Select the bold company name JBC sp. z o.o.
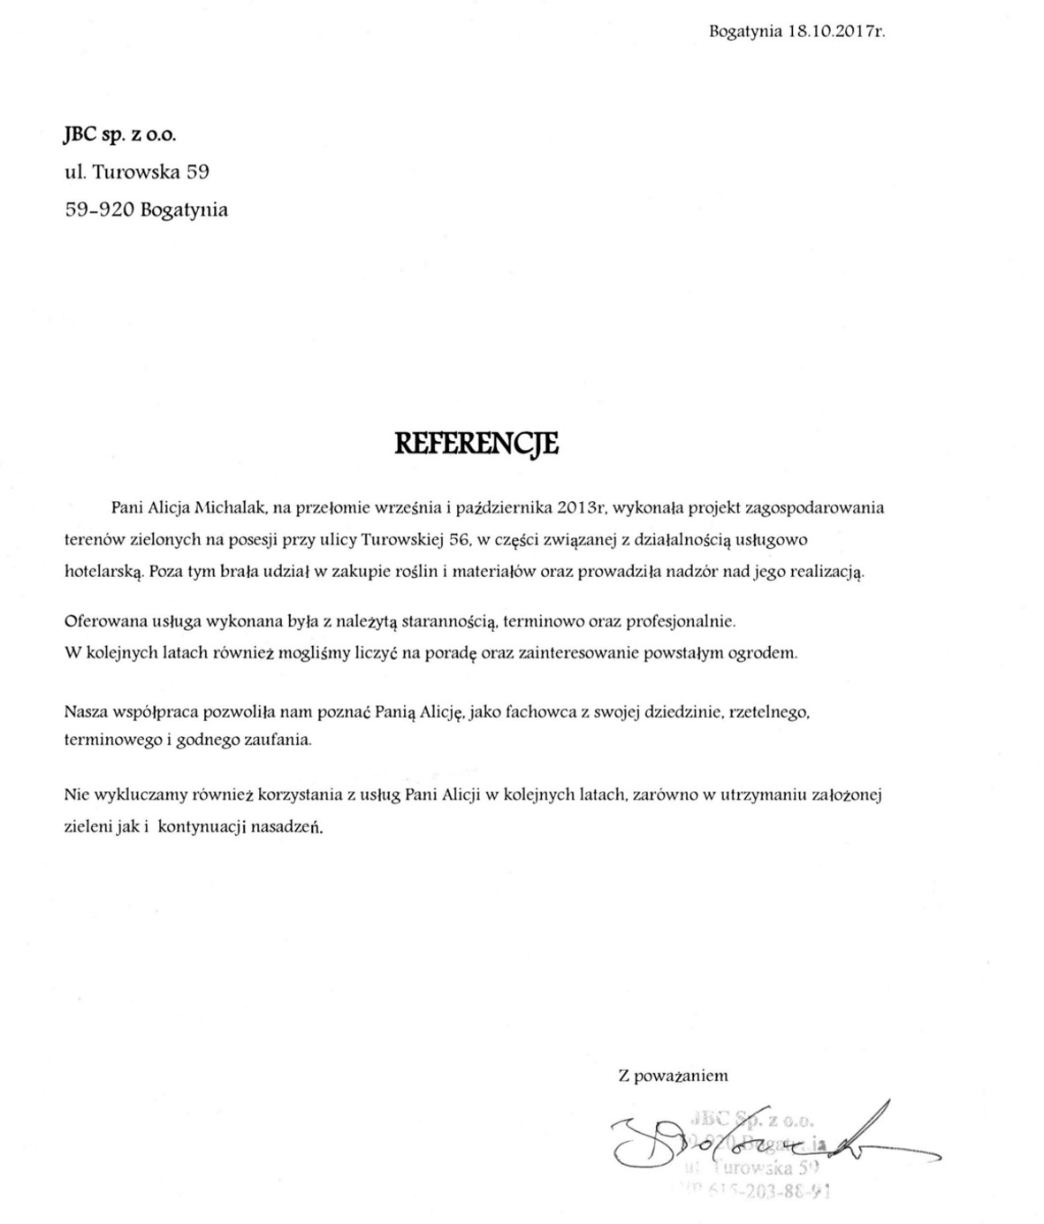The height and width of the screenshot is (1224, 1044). tap(120, 134)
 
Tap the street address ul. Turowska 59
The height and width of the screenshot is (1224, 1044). tap(137, 171)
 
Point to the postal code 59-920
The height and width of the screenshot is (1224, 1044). tap(99, 210)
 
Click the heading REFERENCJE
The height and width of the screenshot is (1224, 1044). tap(476, 443)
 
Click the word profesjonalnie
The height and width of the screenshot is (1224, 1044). tap(681, 621)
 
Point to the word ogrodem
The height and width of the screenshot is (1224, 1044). tap(768, 654)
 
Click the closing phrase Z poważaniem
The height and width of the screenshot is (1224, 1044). tap(673, 1076)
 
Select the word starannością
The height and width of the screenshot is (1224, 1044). tap(451, 621)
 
